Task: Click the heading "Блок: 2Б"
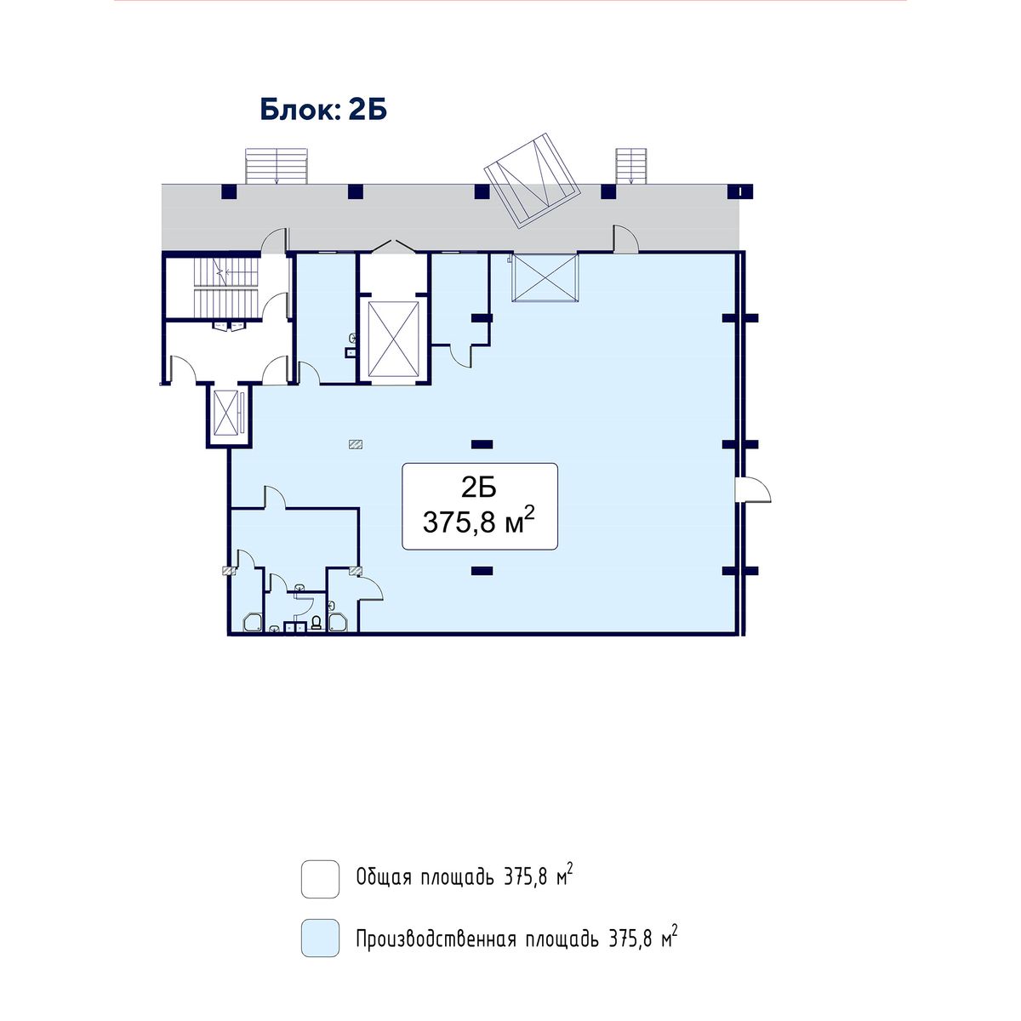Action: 323,110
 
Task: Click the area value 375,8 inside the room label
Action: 459,523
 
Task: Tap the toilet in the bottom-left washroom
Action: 317,622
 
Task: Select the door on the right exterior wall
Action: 753,488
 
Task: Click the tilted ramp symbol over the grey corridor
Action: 533,180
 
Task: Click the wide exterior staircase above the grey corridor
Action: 276,166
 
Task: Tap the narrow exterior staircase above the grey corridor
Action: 630,166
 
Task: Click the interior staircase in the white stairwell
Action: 226,287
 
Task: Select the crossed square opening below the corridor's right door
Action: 545,277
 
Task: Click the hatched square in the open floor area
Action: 356,444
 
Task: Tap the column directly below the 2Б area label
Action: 482,571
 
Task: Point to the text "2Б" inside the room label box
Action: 479,488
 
